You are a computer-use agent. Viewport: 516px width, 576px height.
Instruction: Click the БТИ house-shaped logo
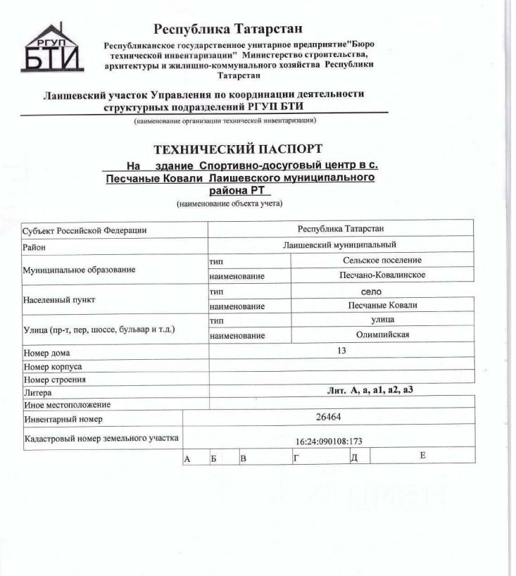(x=55, y=49)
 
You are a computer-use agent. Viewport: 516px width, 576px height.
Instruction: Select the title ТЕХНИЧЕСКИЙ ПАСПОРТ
(x=237, y=149)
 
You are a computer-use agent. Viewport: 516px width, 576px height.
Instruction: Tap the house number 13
(x=341, y=350)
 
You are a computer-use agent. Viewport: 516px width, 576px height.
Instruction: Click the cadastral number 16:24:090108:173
(x=329, y=442)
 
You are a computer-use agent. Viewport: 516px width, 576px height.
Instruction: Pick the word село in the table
(x=371, y=290)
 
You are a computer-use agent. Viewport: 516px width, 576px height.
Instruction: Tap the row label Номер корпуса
(x=53, y=367)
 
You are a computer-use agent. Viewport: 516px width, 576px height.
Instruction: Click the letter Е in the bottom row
(x=422, y=456)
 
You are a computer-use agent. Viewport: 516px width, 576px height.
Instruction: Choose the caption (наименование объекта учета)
(x=229, y=204)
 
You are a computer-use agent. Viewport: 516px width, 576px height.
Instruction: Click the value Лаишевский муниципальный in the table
(x=340, y=244)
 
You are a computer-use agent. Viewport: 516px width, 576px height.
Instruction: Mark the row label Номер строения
(x=55, y=380)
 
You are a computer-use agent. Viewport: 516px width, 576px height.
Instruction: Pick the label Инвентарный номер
(x=63, y=420)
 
